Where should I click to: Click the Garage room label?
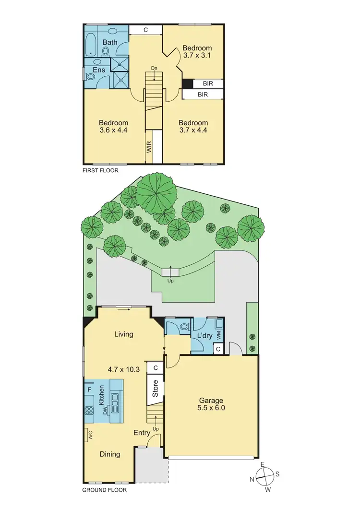point(211,401)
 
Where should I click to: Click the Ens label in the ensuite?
point(99,71)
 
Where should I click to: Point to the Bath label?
point(110,42)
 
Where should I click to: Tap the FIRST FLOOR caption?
point(100,170)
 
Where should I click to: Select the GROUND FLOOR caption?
point(104,490)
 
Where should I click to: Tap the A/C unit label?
point(90,435)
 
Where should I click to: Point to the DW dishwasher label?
point(105,410)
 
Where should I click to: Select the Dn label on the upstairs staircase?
point(154,68)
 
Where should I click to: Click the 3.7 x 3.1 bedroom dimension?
point(197,56)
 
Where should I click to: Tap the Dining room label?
point(109,454)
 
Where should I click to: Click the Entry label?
point(142,433)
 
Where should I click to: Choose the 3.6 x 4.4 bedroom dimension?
point(113,130)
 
